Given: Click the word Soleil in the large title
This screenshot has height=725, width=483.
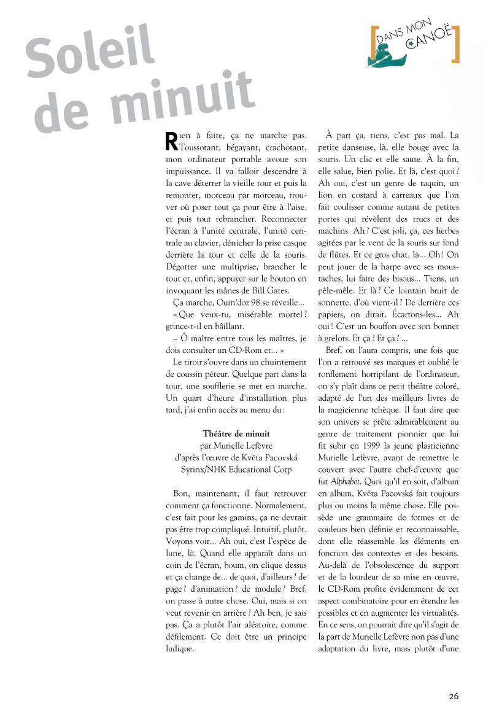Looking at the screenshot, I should click(89, 56).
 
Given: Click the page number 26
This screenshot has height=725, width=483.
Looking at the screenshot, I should click(454, 696).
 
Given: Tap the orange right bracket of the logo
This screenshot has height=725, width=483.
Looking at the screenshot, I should click(455, 45).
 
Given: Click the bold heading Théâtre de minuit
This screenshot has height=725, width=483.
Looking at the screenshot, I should click(236, 433).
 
